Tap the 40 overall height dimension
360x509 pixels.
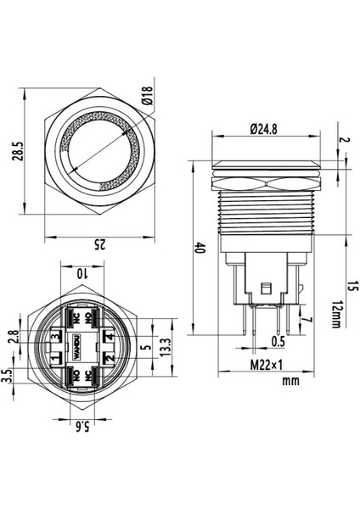click(x=200, y=249)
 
